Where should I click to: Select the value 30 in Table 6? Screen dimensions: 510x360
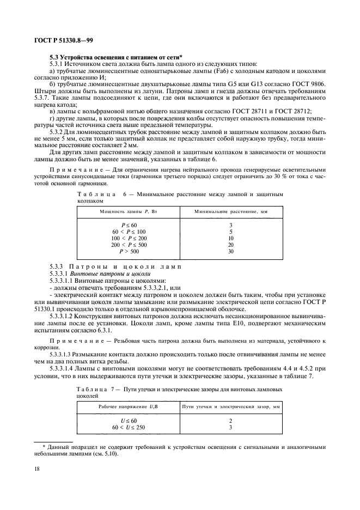pyautogui.click(x=230, y=251)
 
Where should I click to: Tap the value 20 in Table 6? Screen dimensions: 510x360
pyautogui.click(x=230, y=245)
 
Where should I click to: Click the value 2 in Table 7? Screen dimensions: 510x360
pyautogui.click(x=230, y=421)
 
